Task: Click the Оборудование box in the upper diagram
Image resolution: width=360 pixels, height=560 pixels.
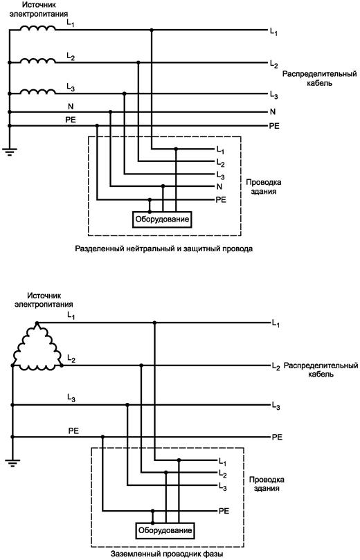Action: pyautogui.click(x=162, y=219)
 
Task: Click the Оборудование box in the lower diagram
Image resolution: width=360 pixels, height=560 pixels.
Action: pyautogui.click(x=165, y=530)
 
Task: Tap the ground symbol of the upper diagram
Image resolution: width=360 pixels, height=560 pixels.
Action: pyautogui.click(x=9, y=152)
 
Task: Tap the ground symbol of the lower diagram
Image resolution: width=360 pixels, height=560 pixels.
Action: pyautogui.click(x=12, y=463)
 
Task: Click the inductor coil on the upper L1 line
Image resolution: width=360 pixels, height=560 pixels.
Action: pyautogui.click(x=37, y=28)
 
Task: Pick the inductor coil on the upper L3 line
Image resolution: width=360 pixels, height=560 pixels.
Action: pyautogui.click(x=37, y=91)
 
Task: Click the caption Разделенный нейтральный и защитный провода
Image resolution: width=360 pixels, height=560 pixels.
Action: pyautogui.click(x=163, y=249)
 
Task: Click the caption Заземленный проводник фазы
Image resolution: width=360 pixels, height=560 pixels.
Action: pyautogui.click(x=167, y=554)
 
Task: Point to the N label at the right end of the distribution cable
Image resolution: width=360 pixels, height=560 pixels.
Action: pyautogui.click(x=273, y=111)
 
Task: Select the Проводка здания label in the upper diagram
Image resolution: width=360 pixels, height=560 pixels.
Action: pyautogui.click(x=264, y=186)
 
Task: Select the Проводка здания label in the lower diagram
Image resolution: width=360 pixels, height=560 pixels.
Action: pyautogui.click(x=267, y=484)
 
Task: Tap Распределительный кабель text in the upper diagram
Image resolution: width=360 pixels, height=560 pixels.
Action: pyautogui.click(x=320, y=79)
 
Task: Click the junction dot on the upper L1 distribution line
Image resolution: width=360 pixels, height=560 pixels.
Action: pyautogui.click(x=152, y=30)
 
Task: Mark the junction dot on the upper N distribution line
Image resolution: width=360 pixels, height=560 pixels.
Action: pyautogui.click(x=110, y=111)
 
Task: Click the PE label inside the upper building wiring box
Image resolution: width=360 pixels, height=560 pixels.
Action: pyautogui.click(x=221, y=199)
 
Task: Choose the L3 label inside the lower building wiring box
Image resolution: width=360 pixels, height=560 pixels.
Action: pyautogui.click(x=222, y=487)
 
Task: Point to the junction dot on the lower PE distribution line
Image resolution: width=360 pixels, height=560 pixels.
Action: pyautogui.click(x=103, y=437)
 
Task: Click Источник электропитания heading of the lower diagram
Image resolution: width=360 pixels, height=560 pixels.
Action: pyautogui.click(x=44, y=300)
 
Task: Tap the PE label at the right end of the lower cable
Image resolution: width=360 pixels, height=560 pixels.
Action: pyautogui.click(x=277, y=437)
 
